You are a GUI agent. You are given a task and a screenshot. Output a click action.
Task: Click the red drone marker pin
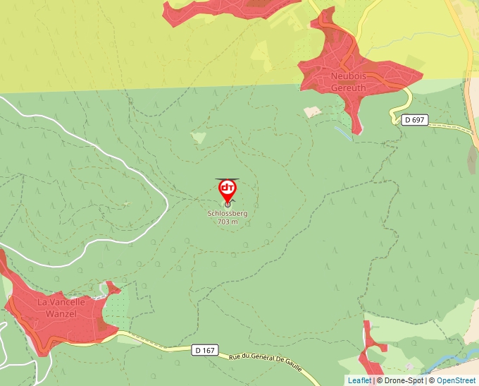[x=228, y=190]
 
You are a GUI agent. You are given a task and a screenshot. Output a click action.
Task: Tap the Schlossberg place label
[x=228, y=213]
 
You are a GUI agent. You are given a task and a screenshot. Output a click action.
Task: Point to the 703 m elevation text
[x=228, y=222]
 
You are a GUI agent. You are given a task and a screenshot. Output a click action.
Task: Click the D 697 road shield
[x=415, y=120]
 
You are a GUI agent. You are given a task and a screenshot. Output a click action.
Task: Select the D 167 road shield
[x=204, y=349]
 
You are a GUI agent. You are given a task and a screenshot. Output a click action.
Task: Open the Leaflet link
[x=359, y=380]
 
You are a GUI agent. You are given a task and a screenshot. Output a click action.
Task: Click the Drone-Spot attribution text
[x=400, y=380]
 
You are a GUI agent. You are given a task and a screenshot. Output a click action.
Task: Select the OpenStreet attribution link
[x=456, y=380]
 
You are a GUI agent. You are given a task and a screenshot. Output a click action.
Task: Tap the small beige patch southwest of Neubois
[x=313, y=111]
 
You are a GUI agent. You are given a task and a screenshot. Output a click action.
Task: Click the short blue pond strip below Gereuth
[x=342, y=131]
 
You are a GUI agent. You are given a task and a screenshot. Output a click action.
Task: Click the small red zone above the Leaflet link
[x=369, y=353]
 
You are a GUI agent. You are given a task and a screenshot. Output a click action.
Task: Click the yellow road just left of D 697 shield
[x=394, y=114]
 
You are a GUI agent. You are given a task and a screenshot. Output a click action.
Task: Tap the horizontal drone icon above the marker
[x=227, y=179]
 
